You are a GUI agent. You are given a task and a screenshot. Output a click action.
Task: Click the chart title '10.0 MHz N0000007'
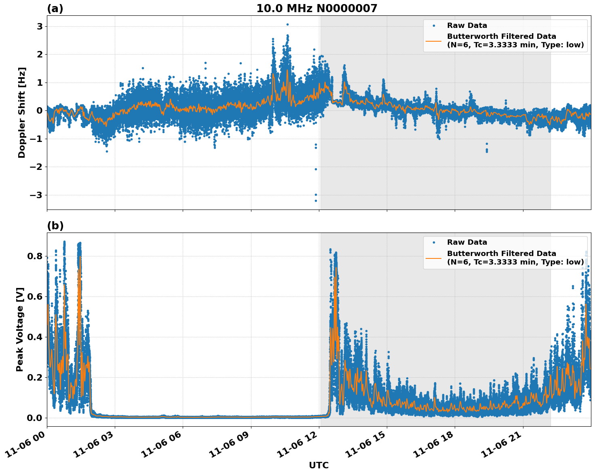[x=316, y=8]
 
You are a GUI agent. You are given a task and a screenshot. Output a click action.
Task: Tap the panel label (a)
[x=55, y=8]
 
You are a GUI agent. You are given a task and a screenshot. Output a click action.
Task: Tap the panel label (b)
[x=55, y=226]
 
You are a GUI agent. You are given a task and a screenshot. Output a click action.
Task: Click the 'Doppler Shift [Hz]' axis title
[x=22, y=112]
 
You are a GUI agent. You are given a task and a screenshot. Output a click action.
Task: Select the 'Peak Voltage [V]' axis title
[x=20, y=329]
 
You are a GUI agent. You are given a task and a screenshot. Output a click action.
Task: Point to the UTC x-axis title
[x=319, y=465]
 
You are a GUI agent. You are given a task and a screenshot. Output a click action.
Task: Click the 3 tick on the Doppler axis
[x=40, y=26]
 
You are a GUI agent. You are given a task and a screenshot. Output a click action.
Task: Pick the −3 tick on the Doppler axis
[x=36, y=195]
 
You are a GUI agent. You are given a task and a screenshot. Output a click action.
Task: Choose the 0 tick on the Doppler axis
[x=40, y=110]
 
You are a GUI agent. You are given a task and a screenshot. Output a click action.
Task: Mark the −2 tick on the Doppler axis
[x=36, y=167]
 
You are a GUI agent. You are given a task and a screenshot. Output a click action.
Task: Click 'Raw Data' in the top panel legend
[x=467, y=25]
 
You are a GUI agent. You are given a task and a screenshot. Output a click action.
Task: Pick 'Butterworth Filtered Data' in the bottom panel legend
[x=501, y=254]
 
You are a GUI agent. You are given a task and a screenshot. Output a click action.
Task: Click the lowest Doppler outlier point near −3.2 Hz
[x=316, y=201]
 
